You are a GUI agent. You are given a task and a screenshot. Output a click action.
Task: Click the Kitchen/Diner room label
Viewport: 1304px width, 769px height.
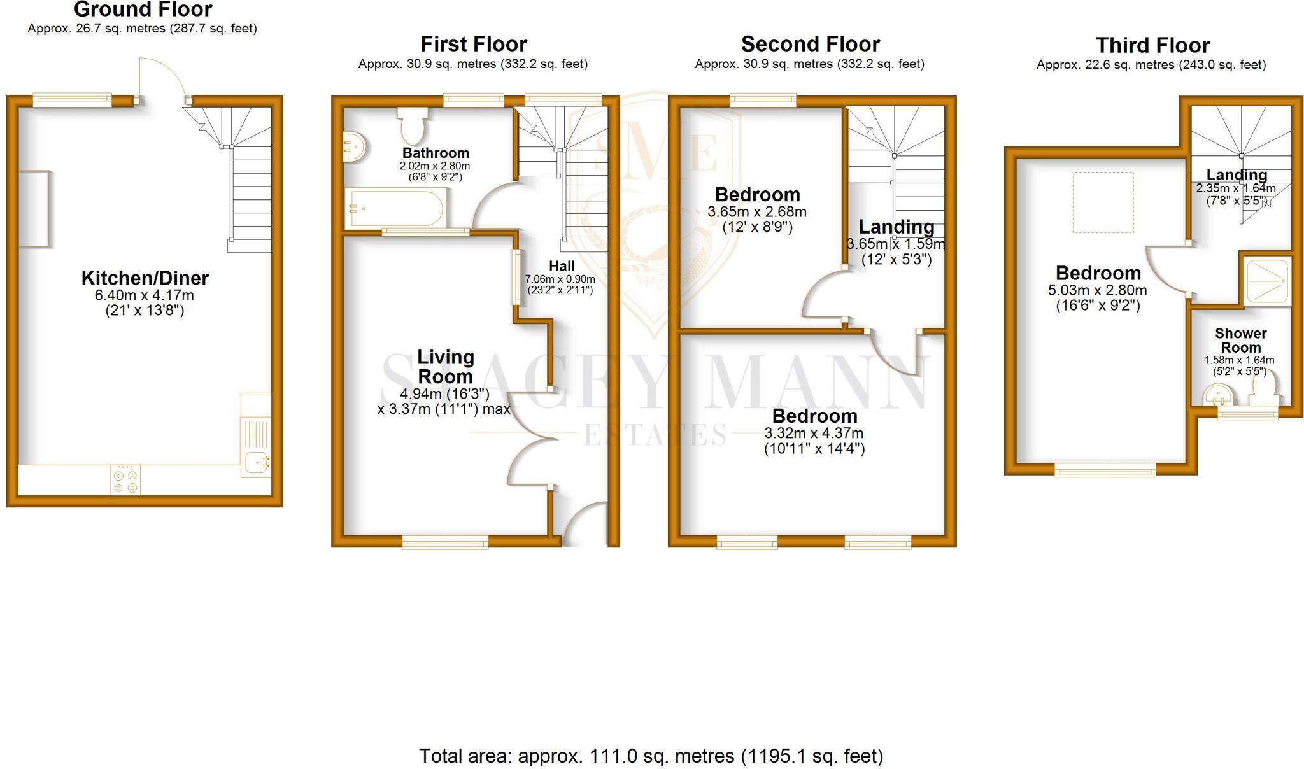click(145, 278)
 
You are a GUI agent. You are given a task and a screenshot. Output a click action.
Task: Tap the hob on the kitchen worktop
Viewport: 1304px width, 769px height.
click(126, 481)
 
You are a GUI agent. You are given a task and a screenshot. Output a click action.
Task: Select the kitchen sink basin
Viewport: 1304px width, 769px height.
click(256, 463)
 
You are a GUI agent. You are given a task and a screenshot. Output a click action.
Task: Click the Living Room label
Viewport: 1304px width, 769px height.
click(445, 367)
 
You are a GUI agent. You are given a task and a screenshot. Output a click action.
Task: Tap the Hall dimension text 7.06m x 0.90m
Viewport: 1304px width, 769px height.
click(560, 279)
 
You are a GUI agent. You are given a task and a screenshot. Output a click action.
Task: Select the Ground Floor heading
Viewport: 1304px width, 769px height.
click(143, 10)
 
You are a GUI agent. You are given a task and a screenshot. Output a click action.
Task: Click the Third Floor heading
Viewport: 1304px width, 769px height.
click(1152, 46)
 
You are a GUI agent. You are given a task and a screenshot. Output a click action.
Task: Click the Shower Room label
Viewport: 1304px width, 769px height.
click(1240, 341)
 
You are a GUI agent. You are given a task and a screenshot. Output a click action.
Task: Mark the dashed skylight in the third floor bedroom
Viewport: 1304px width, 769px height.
click(1103, 202)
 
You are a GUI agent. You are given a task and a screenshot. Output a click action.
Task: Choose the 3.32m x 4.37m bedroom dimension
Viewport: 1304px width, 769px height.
click(814, 434)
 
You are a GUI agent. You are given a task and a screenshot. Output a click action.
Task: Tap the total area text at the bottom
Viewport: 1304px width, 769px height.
click(651, 756)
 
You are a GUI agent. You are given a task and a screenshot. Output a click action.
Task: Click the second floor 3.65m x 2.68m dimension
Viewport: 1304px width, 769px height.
click(757, 212)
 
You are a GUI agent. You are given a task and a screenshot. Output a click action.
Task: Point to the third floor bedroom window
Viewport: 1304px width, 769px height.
click(1105, 471)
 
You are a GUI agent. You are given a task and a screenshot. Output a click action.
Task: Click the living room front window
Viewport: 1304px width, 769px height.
click(445, 542)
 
